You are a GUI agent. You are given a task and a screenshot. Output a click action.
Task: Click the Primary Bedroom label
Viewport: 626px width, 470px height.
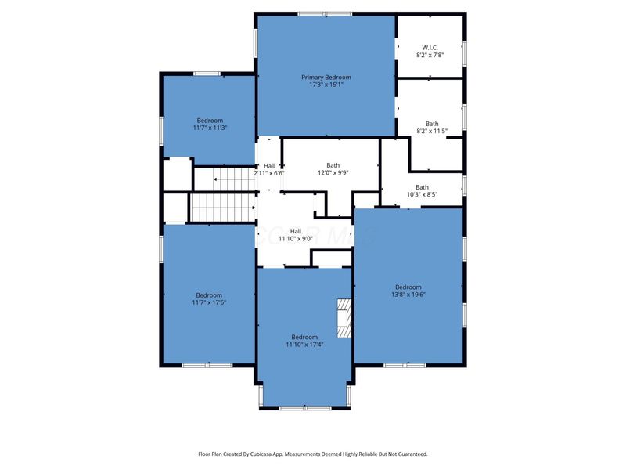coord(326,77)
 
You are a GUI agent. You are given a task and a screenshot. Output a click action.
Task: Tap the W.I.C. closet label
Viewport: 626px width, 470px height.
coord(430,48)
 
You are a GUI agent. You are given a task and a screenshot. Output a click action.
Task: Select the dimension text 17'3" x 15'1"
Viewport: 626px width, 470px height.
coord(326,85)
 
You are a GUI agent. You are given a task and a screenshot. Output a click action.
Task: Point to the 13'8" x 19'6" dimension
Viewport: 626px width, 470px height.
coord(408,295)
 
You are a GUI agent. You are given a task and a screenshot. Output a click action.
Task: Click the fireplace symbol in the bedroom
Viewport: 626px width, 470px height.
coord(344,319)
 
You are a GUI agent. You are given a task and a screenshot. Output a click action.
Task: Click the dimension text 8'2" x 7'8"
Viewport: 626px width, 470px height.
coord(430,55)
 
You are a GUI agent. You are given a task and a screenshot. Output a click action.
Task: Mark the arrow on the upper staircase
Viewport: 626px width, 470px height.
coord(234,179)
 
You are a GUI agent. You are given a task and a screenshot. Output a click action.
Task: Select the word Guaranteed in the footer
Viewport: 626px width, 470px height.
coord(414,454)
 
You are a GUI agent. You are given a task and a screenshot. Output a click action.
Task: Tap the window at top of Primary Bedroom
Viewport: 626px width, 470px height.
coord(325,14)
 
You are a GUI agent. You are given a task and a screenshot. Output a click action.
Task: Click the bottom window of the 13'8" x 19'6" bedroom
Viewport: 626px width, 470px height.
coord(405,365)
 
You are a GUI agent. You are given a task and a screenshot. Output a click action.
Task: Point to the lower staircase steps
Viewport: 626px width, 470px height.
coord(222,207)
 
